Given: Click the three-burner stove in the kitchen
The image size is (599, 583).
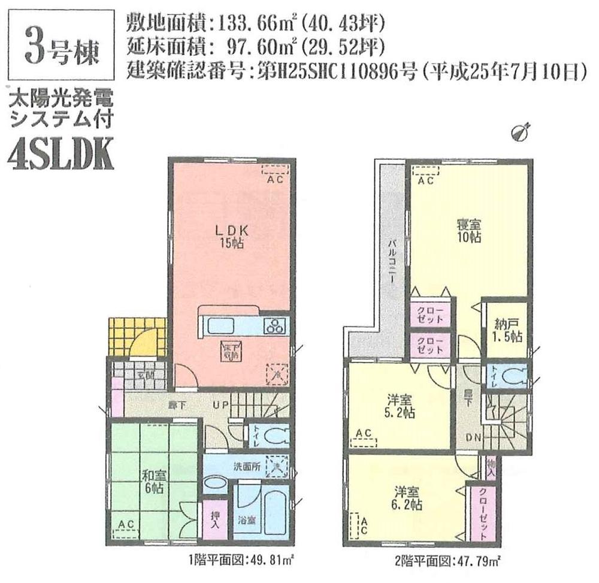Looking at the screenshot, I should (x=277, y=327).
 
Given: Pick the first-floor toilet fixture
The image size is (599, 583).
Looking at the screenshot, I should (x=267, y=436).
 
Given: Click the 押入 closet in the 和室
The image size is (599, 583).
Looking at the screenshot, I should (x=214, y=521).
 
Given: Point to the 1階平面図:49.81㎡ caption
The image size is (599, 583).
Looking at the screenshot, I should (x=241, y=561).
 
